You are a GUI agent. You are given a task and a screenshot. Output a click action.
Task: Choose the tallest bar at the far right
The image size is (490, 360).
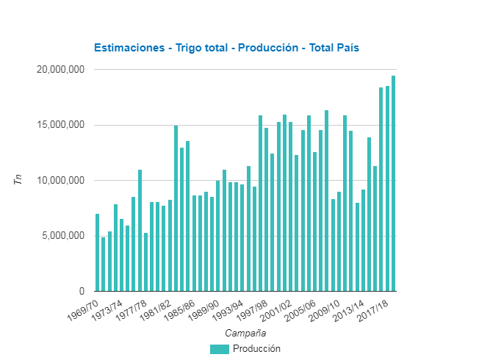point(393,184)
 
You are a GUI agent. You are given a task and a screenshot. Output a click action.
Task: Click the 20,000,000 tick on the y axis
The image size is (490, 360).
point(60,70)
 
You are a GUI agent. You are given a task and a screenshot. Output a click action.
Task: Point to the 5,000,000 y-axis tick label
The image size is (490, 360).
point(63,236)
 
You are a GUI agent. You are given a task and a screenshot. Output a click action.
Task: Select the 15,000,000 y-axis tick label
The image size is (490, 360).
point(60,125)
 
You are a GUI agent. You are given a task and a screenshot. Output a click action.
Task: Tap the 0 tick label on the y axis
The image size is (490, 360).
point(82,291)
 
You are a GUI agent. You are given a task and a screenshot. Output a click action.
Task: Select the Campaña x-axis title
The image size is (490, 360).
point(245,333)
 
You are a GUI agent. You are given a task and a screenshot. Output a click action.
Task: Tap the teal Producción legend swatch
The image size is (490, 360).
point(219,349)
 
